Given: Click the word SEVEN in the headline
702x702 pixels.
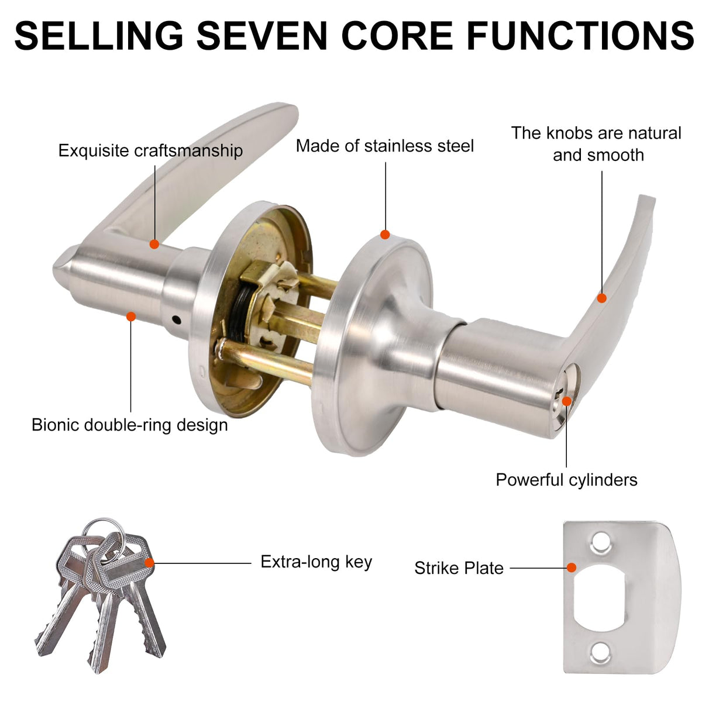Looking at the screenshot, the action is [261, 35].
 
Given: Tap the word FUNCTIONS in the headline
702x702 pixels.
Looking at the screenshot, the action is [581, 35].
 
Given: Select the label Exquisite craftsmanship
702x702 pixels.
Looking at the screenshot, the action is [150, 151].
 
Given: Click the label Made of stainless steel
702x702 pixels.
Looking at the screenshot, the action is [385, 146].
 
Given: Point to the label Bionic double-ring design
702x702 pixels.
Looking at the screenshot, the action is [130, 425].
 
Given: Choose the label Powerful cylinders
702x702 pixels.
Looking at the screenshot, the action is [566, 480].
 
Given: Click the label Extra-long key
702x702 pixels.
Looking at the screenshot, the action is [316, 562].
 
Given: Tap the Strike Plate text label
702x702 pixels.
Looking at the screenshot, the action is [459, 568].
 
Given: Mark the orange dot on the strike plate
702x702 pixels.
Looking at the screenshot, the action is [572, 567].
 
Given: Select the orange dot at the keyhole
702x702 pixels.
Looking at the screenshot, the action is [566, 401].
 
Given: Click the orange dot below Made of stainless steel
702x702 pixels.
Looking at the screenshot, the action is [385, 235].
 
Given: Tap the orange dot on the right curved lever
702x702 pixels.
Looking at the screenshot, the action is [602, 298].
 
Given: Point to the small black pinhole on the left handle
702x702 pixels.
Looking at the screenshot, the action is [176, 320].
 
